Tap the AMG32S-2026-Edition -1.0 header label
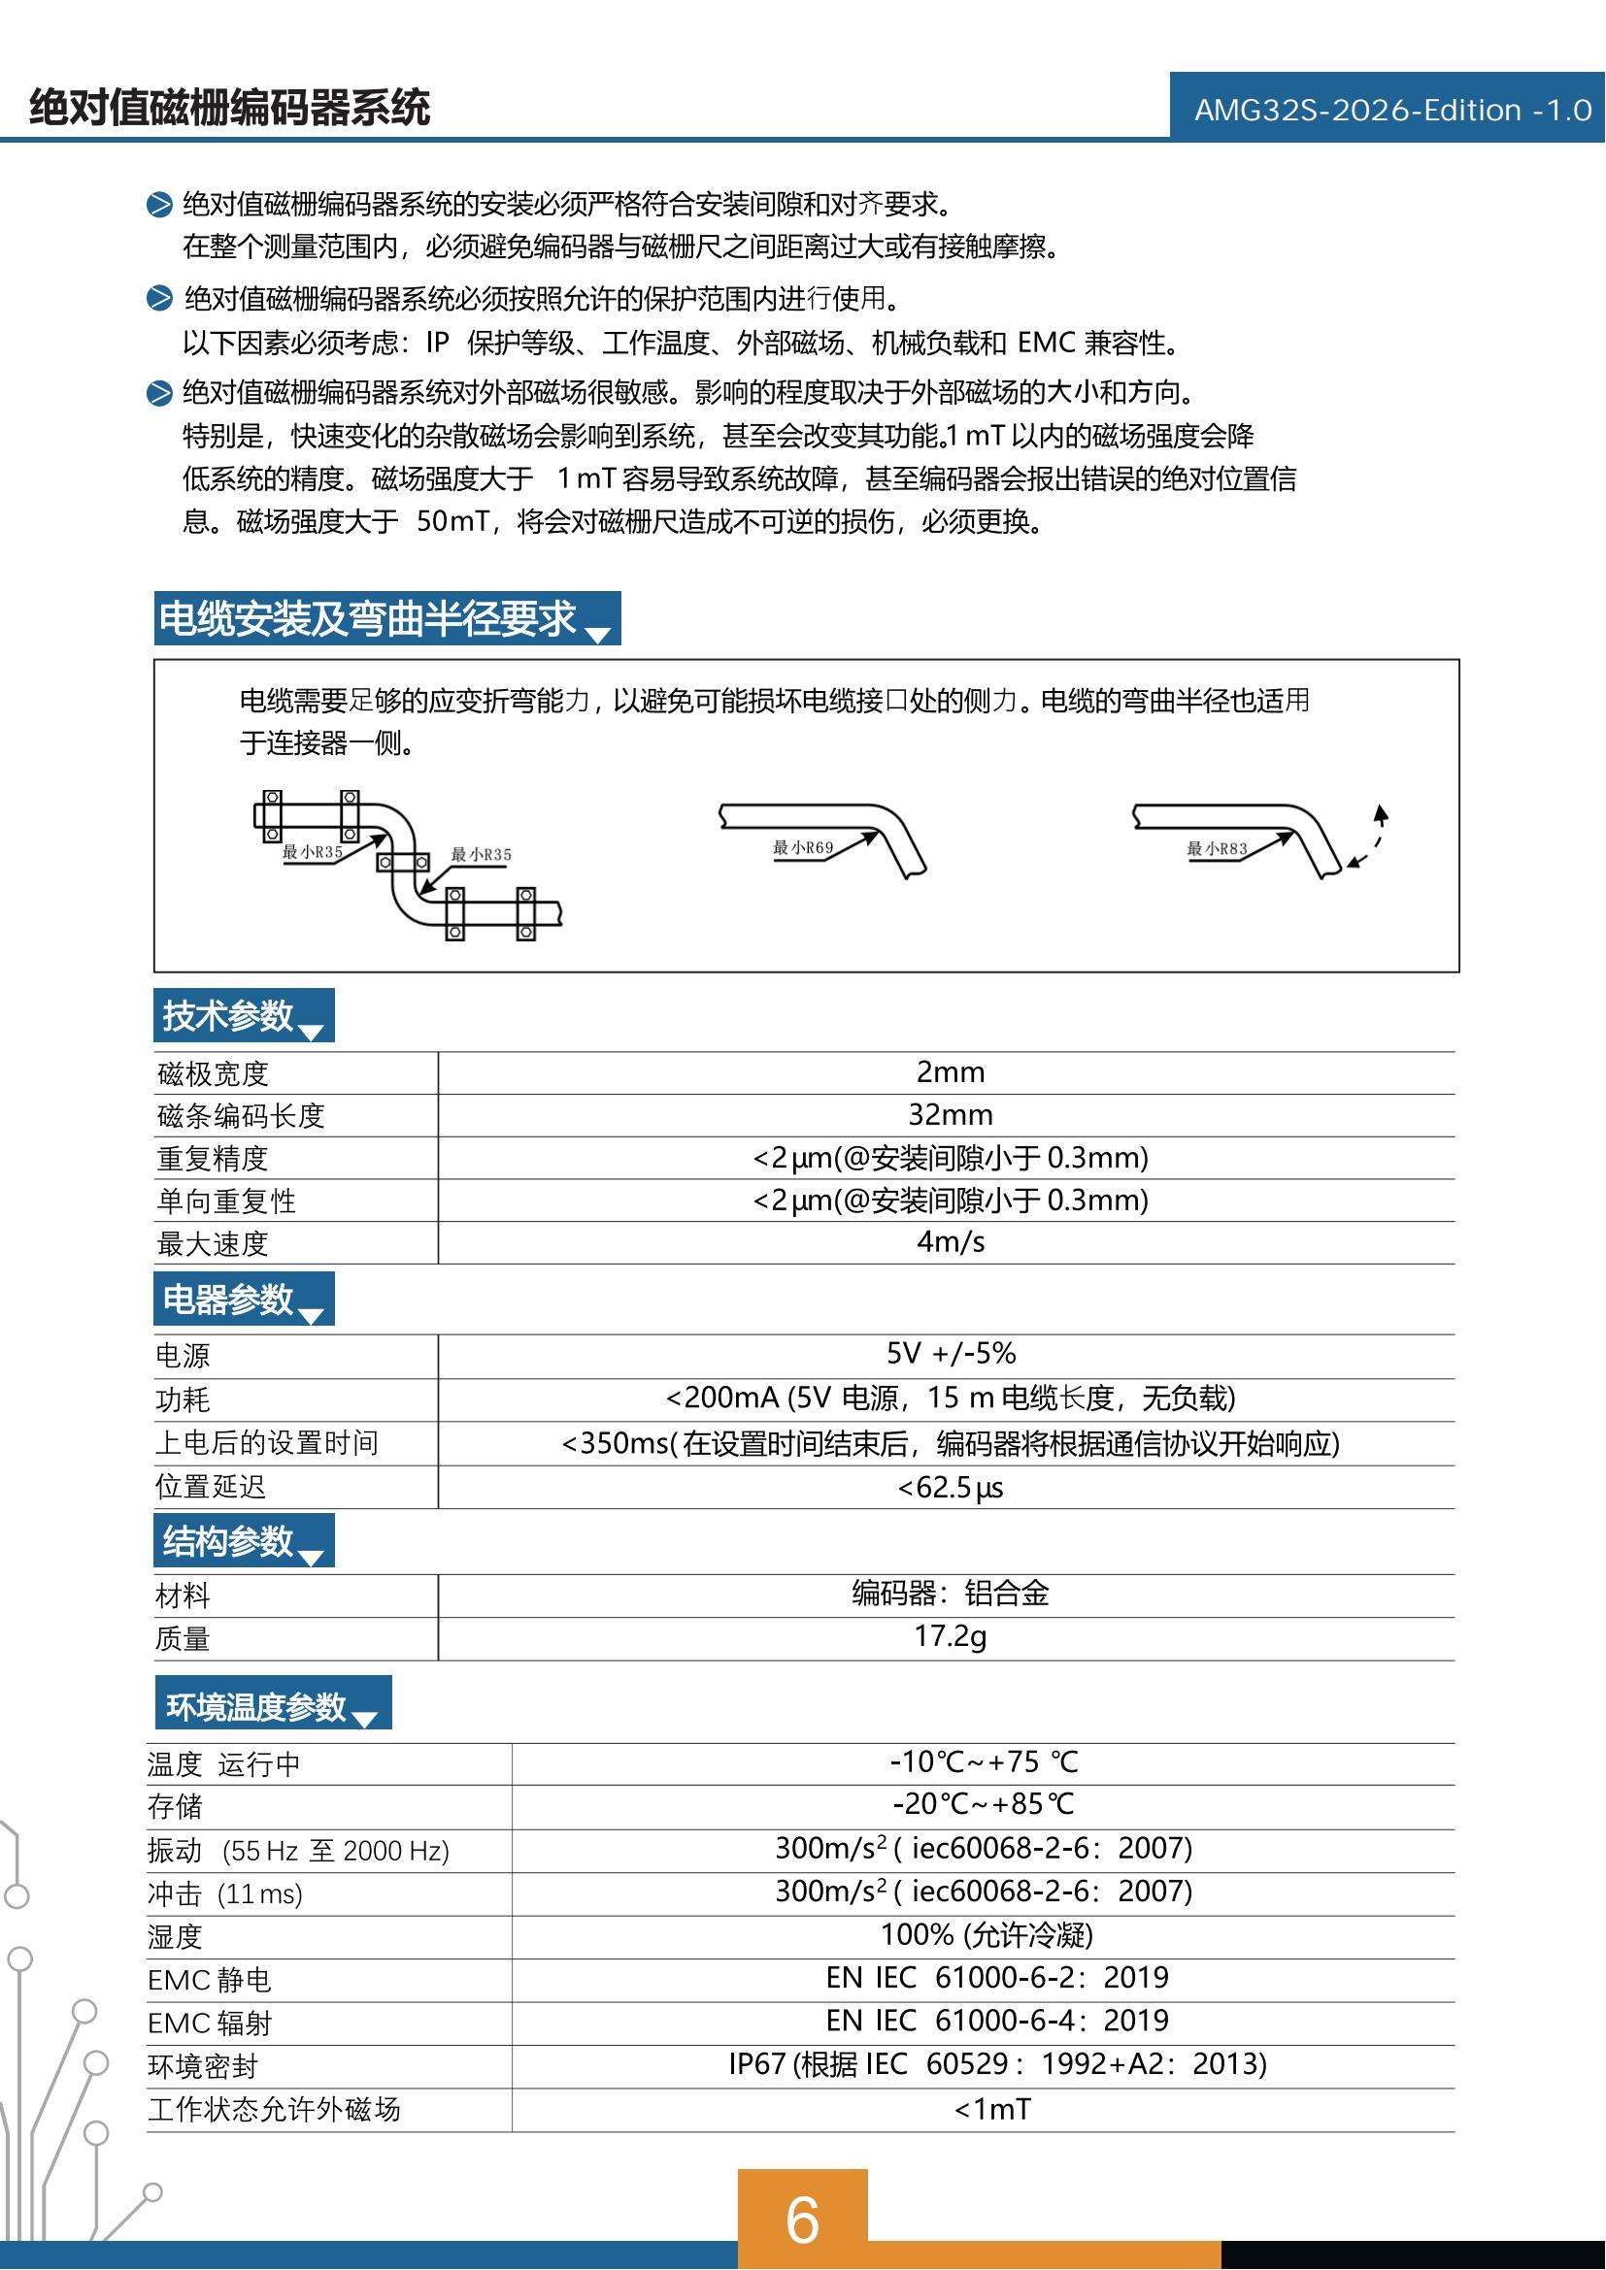tap(1392, 110)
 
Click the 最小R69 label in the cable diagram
tap(803, 847)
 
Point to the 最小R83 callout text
tap(1217, 848)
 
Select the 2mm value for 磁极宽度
tap(950, 1071)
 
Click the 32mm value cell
tap(950, 1114)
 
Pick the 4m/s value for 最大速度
tap(950, 1242)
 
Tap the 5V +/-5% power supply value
tap(951, 1354)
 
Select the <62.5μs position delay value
tap(950, 1487)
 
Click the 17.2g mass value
tap(950, 1636)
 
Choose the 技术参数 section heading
tap(228, 1015)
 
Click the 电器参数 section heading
tap(228, 1299)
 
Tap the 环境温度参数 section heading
tap(256, 1706)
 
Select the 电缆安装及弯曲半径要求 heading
tap(368, 619)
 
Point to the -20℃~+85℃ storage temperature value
tap(983, 1804)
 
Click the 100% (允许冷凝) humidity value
tap(986, 1934)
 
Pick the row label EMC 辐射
tap(210, 2023)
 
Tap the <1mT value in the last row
tap(992, 2110)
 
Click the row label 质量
tap(183, 1639)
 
